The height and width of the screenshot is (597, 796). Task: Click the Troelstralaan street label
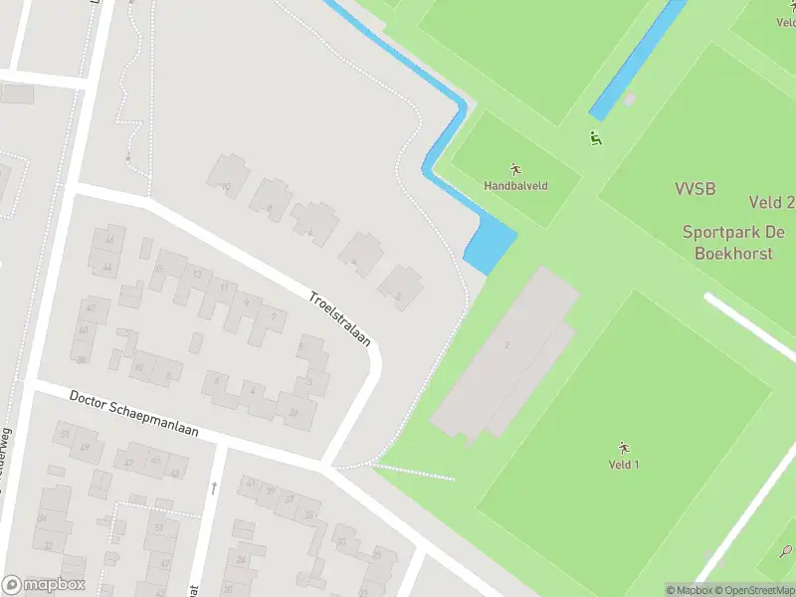(x=339, y=318)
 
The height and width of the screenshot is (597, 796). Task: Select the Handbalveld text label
(x=515, y=186)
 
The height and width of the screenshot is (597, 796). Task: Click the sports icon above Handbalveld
(x=515, y=168)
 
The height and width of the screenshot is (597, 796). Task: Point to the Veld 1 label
(x=624, y=465)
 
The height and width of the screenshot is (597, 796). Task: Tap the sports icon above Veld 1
(x=624, y=447)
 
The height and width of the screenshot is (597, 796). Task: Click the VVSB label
(x=695, y=189)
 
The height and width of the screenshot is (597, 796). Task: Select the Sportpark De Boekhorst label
(x=733, y=243)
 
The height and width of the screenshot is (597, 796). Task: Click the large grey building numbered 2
(x=505, y=353)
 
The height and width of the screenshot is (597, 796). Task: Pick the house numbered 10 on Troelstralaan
(x=228, y=176)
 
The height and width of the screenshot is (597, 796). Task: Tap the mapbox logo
(x=44, y=584)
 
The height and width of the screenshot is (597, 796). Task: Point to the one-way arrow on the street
(x=213, y=487)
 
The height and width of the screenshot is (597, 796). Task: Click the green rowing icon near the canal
(x=595, y=139)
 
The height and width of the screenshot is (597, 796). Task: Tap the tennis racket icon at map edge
(x=785, y=550)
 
